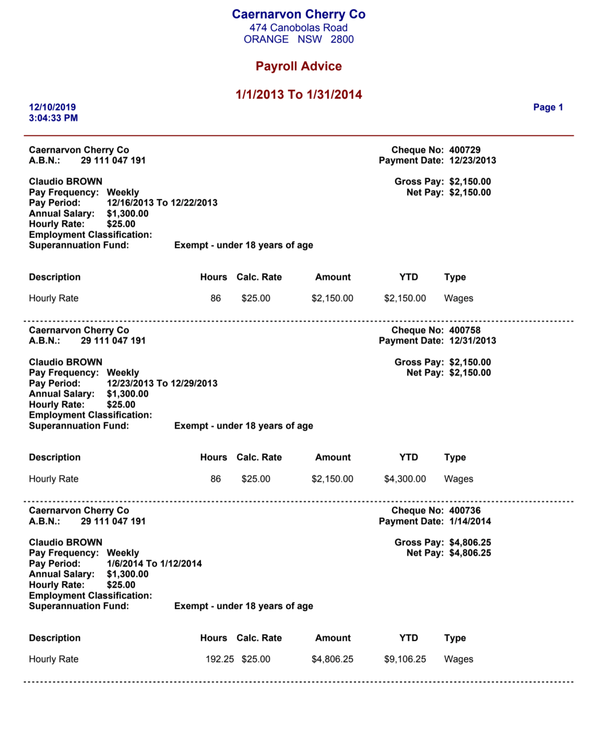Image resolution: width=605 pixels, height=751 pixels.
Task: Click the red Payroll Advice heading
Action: point(298,66)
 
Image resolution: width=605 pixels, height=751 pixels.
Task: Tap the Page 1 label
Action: point(548,107)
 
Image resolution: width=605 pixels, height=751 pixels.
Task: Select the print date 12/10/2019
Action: point(52,107)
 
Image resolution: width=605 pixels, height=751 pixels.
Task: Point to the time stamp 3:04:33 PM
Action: point(53,118)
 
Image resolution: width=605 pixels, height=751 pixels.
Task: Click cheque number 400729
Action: point(465,150)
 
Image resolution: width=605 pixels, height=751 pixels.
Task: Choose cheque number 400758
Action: point(465,330)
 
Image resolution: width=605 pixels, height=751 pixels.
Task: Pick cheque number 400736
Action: point(465,510)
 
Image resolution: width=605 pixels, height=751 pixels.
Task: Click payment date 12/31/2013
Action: point(472,341)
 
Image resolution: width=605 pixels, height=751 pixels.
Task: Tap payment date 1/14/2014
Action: point(470,521)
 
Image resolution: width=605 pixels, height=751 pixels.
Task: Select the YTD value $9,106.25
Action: point(405,659)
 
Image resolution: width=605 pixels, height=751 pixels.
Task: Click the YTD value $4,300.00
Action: point(405,479)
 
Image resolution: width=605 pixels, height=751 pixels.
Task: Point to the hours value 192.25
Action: point(220,659)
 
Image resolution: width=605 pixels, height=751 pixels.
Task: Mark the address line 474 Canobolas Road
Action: point(298,28)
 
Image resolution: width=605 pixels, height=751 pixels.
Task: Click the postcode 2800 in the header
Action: point(342,39)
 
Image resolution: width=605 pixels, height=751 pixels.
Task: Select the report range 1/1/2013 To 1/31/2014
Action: point(298,94)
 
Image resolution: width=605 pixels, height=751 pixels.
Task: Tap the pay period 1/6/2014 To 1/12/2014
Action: point(154,563)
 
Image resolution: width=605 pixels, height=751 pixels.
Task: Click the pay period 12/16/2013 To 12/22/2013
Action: point(162,202)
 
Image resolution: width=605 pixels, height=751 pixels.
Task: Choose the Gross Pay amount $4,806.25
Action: point(470,542)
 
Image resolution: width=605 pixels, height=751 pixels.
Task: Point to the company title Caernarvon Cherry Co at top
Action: point(298,14)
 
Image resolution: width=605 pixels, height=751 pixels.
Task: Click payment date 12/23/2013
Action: point(472,160)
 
